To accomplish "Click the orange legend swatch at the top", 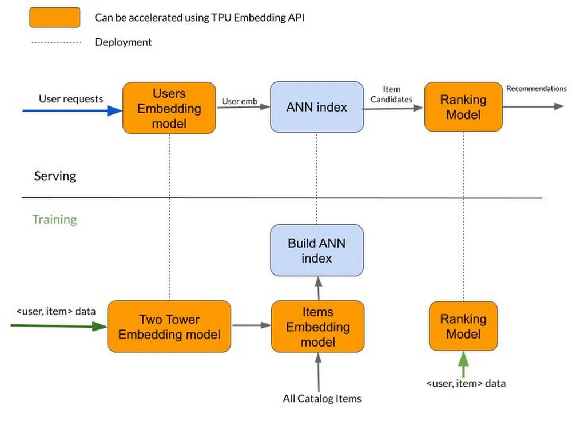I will pyautogui.click(x=54, y=17).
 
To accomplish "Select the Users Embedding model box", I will pyautogui.click(x=169, y=108).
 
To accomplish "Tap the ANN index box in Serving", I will pyautogui.click(x=316, y=108).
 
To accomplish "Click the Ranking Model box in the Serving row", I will pyautogui.click(x=463, y=107).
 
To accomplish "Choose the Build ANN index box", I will pyautogui.click(x=316, y=251).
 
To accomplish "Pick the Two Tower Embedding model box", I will pyautogui.click(x=169, y=327).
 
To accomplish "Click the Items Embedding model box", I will pyautogui.click(x=317, y=327).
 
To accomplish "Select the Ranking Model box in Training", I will pyautogui.click(x=463, y=326).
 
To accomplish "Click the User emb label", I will pyautogui.click(x=240, y=101).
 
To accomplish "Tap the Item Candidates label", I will pyautogui.click(x=392, y=94).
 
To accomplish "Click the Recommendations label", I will pyautogui.click(x=536, y=88).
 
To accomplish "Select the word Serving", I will pyautogui.click(x=55, y=176).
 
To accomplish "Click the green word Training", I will pyautogui.click(x=54, y=220).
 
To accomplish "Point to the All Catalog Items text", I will pyautogui.click(x=322, y=398).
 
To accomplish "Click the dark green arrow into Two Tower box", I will pyautogui.click(x=57, y=326).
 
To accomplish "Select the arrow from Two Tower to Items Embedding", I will pyautogui.click(x=251, y=325).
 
